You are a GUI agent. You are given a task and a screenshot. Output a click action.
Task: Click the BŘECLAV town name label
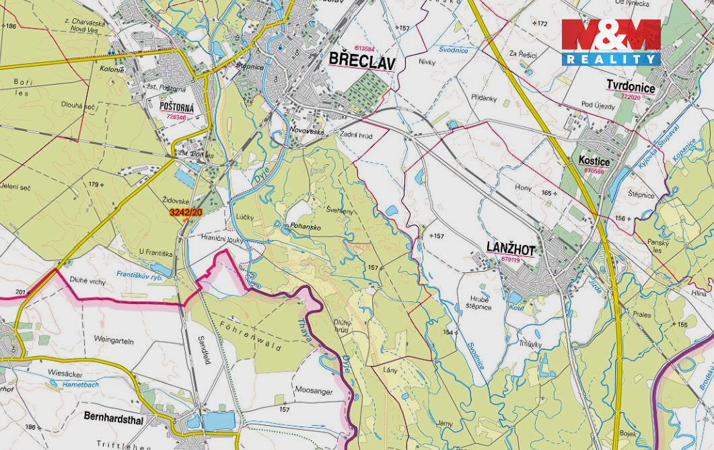362,61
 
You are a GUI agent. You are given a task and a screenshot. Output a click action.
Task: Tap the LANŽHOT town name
510,248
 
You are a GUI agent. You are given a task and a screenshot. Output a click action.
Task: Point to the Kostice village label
594,161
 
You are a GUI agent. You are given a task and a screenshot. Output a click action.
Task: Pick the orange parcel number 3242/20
186,213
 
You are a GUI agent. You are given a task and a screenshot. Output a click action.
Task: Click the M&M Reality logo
611,42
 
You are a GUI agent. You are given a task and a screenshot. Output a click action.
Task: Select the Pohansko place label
306,227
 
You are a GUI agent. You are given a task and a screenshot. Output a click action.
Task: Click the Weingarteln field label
114,341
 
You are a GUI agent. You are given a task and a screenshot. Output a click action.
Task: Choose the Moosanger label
314,389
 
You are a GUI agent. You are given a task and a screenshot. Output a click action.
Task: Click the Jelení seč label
15,186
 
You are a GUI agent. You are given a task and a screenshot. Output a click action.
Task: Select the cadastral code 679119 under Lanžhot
511,259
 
